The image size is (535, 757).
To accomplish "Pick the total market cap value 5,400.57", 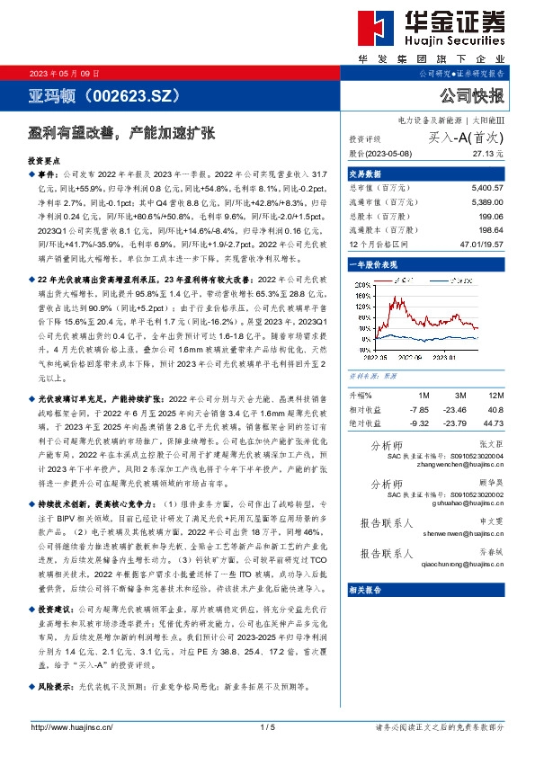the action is (x=486, y=188).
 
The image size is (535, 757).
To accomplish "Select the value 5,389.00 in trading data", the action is (x=486, y=202).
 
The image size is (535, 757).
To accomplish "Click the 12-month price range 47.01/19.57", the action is (x=481, y=245).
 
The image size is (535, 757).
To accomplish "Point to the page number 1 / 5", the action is (x=266, y=726).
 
